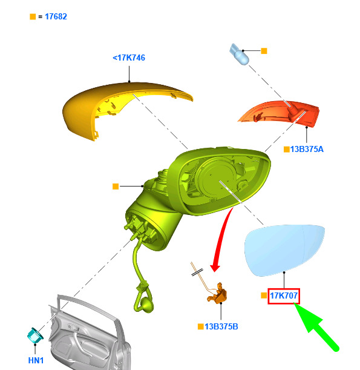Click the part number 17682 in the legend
[56, 16]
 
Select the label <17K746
[129, 58]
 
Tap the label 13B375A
[307, 150]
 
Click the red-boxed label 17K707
[284, 296]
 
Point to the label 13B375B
[221, 326]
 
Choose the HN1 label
[36, 360]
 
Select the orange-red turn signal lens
[283, 113]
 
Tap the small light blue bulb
[239, 55]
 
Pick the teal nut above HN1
[35, 335]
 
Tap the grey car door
[90, 335]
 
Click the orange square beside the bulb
[264, 51]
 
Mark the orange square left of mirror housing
[116, 187]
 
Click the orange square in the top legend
[33, 17]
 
